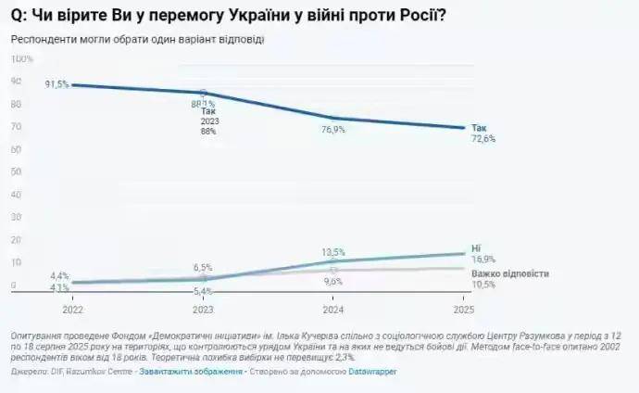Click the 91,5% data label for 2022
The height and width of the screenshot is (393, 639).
click(56, 84)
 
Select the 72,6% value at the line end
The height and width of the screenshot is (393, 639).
click(483, 139)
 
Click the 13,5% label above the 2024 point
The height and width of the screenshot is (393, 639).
click(333, 251)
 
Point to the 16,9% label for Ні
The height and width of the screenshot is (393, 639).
click(483, 260)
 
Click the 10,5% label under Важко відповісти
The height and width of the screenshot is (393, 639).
click(483, 285)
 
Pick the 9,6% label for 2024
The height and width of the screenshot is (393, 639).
click(333, 281)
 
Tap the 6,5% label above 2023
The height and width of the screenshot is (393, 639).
click(203, 267)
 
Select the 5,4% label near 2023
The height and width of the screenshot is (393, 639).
click(203, 291)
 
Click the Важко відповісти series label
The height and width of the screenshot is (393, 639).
click(510, 274)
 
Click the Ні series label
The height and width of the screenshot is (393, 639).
click(476, 249)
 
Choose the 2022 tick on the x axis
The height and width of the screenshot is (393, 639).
click(72, 308)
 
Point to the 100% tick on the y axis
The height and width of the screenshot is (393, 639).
click(21, 58)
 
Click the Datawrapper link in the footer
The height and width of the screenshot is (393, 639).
click(375, 371)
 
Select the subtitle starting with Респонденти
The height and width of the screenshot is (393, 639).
click(137, 39)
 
